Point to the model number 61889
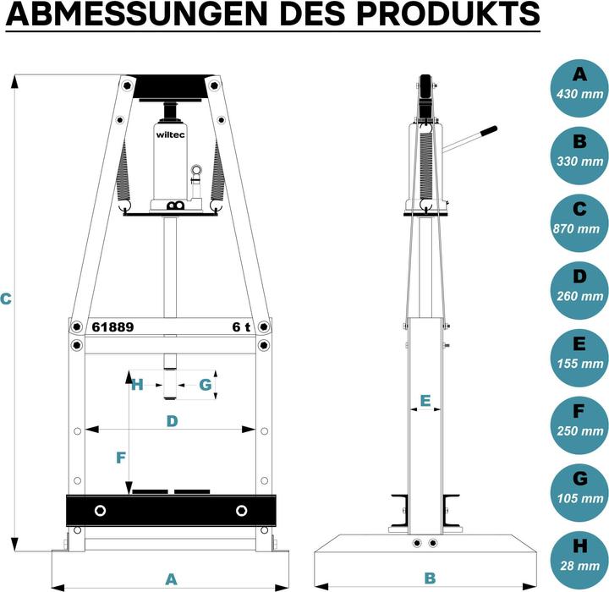pyautogui.click(x=112, y=327)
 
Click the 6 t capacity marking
pyautogui.click(x=242, y=327)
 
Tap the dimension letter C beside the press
pyautogui.click(x=7, y=298)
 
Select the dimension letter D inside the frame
pyautogui.click(x=172, y=420)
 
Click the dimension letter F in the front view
pyautogui.click(x=120, y=458)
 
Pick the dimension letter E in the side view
pyautogui.click(x=425, y=399)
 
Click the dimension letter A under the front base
pyautogui.click(x=171, y=579)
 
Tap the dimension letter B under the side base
pyautogui.click(x=429, y=579)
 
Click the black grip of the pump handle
pyautogui.click(x=488, y=133)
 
